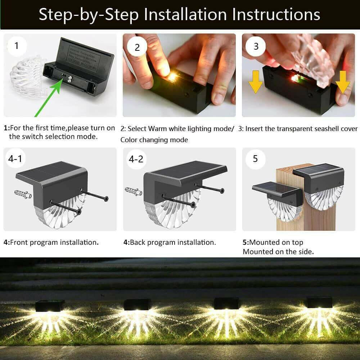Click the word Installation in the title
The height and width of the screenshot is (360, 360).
click(185, 14)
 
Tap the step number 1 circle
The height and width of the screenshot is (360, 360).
click(16, 46)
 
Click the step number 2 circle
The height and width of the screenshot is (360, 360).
click(137, 47)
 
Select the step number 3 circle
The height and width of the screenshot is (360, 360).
click(256, 46)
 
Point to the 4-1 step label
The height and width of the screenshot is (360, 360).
click(15, 159)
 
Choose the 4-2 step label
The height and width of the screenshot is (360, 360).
click(136, 159)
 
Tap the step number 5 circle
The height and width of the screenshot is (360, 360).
click(255, 159)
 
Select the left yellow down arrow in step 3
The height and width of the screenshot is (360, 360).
click(255, 81)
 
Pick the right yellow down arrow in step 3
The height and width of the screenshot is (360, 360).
click(342, 81)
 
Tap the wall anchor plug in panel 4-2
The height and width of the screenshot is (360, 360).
click(133, 191)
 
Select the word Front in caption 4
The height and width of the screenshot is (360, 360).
click(19, 242)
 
